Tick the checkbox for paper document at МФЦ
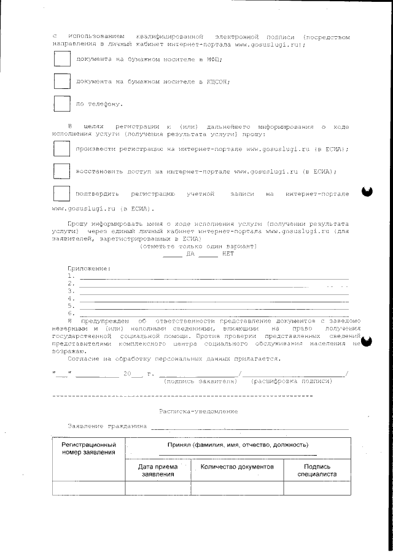[61, 59]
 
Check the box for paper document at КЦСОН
[61, 81]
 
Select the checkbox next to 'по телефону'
[61, 104]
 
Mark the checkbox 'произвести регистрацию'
[61, 149]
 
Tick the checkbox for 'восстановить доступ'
[61, 171]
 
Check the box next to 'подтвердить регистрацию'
[61, 194]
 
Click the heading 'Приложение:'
[89, 269]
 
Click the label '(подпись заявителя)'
[200, 381]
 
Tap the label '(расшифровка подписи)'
[292, 381]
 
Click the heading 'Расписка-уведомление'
[198, 411]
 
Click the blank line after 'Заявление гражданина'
[249, 426]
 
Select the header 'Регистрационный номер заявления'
[88, 448]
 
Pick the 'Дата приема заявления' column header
[158, 470]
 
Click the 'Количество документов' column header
[237, 467]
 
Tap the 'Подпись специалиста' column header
[317, 470]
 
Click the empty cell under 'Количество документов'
[237, 488]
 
